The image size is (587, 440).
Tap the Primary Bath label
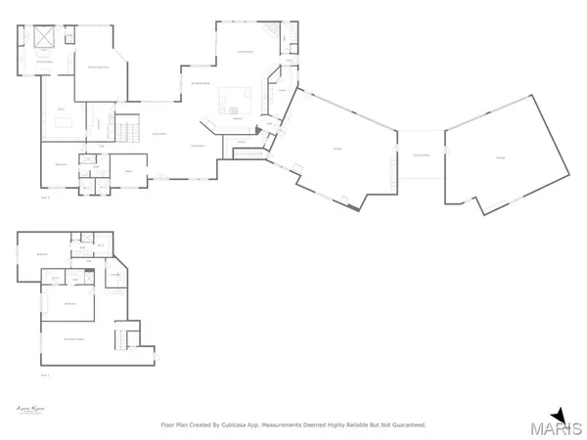pyautogui.click(x=44, y=63)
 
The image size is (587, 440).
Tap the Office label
pyautogui.click(x=127, y=170)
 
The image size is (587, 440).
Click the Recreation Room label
pyautogui.click(x=73, y=339)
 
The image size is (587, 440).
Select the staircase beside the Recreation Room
pyautogui.click(x=121, y=339)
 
